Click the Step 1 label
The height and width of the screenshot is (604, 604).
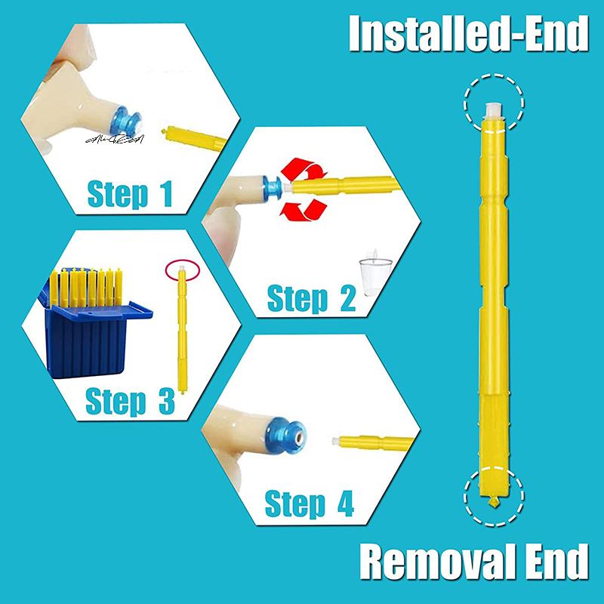coord(130,193)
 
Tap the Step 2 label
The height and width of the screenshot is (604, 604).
coord(311,298)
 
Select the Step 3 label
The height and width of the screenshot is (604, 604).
coord(129,400)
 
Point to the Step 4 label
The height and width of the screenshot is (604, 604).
coord(309,503)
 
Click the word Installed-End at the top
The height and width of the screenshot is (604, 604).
coord(467,34)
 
